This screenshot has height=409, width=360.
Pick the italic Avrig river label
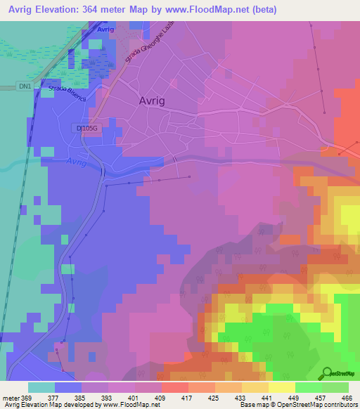tap(79, 163)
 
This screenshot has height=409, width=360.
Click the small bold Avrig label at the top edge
tap(105, 30)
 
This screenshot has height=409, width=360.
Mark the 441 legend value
tap(267, 396)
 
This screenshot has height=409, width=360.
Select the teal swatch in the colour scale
tap(41, 387)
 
